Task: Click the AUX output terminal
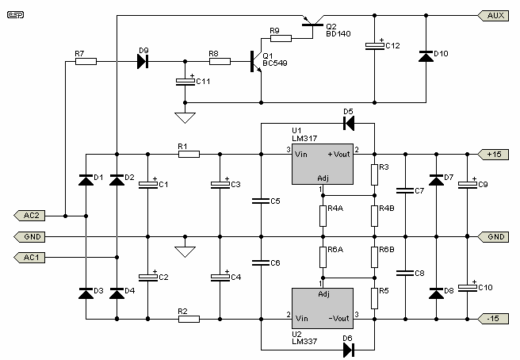point(493,16)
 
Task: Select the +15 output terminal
point(493,155)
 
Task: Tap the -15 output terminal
point(493,319)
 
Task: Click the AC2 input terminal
point(29,216)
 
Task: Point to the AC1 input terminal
point(29,257)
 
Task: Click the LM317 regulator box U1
point(323,164)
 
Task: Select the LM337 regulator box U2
point(323,308)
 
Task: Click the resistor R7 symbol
point(86,61)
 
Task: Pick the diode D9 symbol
point(143,61)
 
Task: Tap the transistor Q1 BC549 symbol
point(256,61)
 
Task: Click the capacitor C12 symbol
point(375,46)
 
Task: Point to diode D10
point(426,57)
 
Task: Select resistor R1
point(189,155)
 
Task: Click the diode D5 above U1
point(349,124)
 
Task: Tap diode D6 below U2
point(348,350)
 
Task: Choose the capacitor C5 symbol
point(261,201)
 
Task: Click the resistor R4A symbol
point(323,216)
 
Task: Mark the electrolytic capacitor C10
point(467,287)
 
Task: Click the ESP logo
point(15,15)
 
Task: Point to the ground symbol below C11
point(185,118)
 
